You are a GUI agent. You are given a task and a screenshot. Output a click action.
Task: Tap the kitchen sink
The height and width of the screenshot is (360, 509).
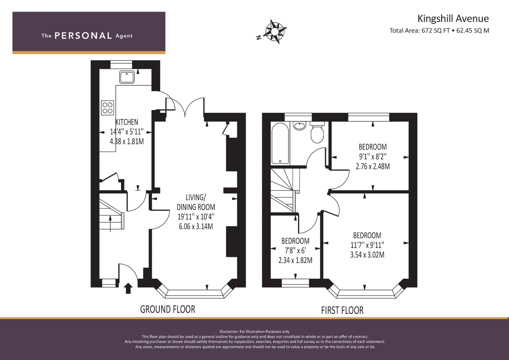tap(127, 77)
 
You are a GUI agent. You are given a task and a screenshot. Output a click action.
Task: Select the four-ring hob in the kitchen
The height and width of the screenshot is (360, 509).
tap(107, 108)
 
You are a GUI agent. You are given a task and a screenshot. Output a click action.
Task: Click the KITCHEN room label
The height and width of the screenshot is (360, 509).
tap(127, 122)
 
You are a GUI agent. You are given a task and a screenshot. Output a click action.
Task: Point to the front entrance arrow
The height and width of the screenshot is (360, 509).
tap(128, 288)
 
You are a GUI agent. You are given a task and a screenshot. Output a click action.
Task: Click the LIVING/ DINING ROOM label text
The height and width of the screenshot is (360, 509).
tap(196, 202)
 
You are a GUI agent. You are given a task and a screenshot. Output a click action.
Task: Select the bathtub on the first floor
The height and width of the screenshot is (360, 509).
tap(280, 143)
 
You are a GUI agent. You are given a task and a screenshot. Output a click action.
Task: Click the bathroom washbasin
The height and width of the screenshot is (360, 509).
tap(299, 126)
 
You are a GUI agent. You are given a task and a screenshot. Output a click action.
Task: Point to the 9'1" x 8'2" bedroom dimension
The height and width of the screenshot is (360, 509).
tap(373, 157)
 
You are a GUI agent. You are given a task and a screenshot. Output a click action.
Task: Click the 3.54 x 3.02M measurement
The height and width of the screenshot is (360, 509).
tap(367, 255)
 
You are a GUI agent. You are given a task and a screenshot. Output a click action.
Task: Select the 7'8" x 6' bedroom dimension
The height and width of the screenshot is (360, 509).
tap(295, 250)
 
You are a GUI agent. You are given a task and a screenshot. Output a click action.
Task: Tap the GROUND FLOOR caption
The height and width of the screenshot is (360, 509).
tap(168, 309)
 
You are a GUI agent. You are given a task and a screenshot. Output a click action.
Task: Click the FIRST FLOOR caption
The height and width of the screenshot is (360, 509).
tap(342, 310)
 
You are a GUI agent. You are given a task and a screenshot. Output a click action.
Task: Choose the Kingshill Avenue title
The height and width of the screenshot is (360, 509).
tap(453, 19)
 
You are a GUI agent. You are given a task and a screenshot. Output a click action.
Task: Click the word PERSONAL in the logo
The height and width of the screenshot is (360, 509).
tap(83, 36)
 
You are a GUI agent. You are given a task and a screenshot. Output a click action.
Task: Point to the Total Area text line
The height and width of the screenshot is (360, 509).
tap(439, 31)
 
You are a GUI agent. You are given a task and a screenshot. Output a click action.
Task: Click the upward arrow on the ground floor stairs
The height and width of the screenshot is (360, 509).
tap(110, 224)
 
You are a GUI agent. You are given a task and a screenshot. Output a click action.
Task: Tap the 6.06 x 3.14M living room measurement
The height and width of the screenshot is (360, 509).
tap(196, 227)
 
